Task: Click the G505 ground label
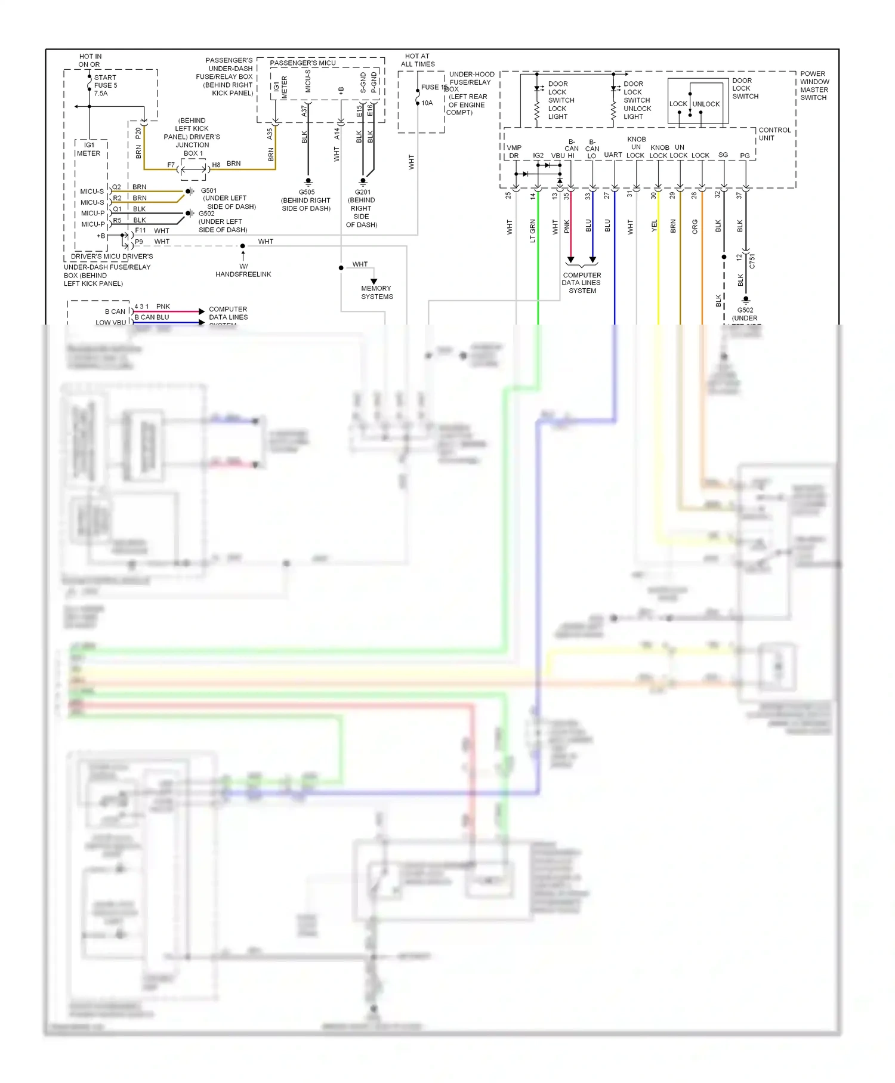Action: pyautogui.click(x=307, y=192)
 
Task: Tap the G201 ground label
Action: pyautogui.click(x=362, y=192)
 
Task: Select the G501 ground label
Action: pyautogui.click(x=209, y=191)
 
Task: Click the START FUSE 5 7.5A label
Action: pyautogui.click(x=106, y=85)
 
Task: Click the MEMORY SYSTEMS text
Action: pyautogui.click(x=376, y=292)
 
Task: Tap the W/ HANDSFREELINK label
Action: pyautogui.click(x=243, y=270)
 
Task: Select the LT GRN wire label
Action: pyautogui.click(x=533, y=231)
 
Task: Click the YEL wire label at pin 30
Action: pyautogui.click(x=654, y=226)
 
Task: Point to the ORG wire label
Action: pyautogui.click(x=695, y=227)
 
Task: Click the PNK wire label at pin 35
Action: pyautogui.click(x=567, y=227)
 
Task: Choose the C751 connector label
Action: pyautogui.click(x=752, y=261)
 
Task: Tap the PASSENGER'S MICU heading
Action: pyautogui.click(x=303, y=63)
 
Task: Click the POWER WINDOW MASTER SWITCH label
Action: pyautogui.click(x=814, y=86)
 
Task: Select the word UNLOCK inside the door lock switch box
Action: pyautogui.click(x=706, y=104)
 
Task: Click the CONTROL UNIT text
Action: pyautogui.click(x=774, y=134)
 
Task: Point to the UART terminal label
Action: pyautogui.click(x=613, y=155)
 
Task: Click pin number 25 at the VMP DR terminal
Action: pyautogui.click(x=508, y=195)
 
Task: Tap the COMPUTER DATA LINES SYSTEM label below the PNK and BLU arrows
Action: pyautogui.click(x=582, y=283)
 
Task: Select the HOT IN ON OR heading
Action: pyautogui.click(x=89, y=60)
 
